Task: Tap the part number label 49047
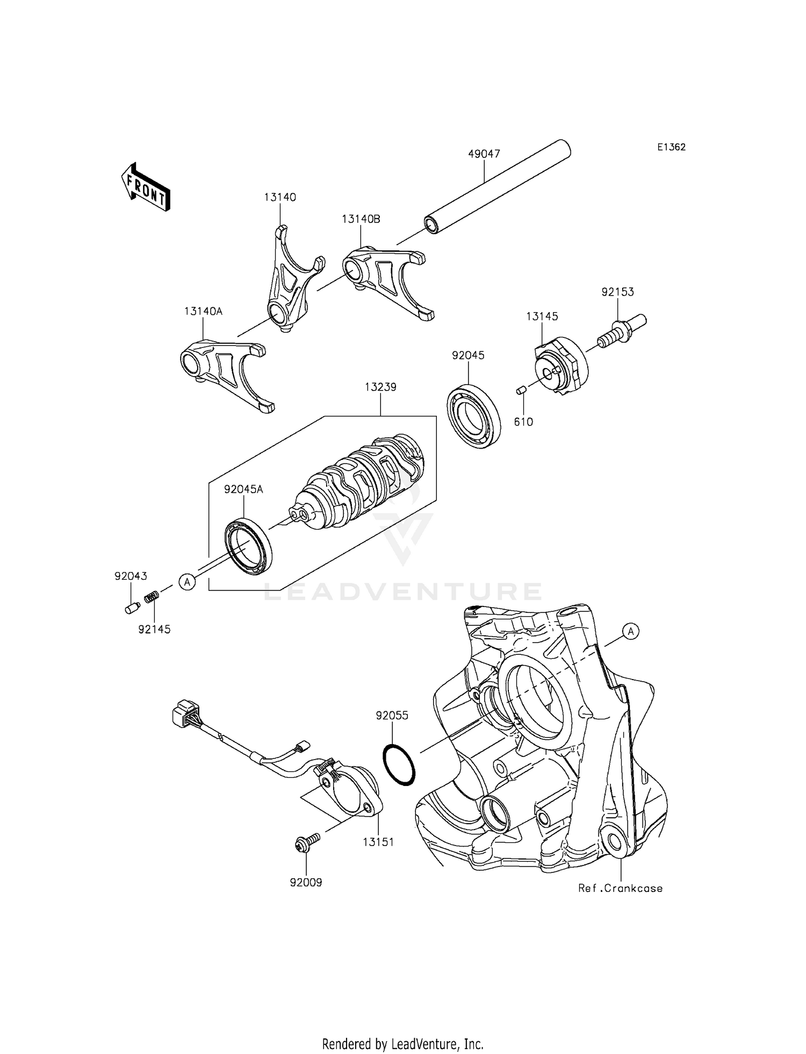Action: pyautogui.click(x=484, y=154)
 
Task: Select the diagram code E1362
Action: pyautogui.click(x=671, y=147)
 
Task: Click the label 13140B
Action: pyautogui.click(x=361, y=219)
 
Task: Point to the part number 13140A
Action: pyautogui.click(x=203, y=311)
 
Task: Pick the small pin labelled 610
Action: pyautogui.click(x=520, y=391)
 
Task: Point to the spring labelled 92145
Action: pyautogui.click(x=153, y=596)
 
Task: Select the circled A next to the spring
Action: pyautogui.click(x=186, y=581)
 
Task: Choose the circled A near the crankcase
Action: pyautogui.click(x=631, y=632)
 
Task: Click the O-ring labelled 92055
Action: pyautogui.click(x=399, y=765)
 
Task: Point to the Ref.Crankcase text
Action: pyautogui.click(x=620, y=889)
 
